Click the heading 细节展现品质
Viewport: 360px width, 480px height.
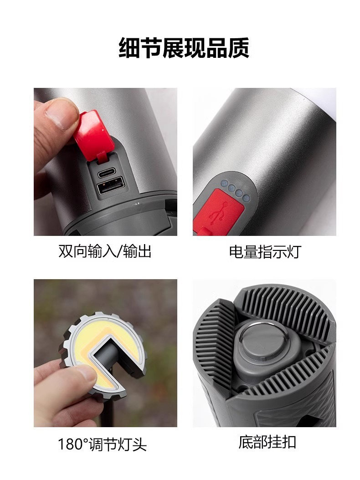click(x=184, y=48)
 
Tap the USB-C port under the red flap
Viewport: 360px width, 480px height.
click(x=108, y=174)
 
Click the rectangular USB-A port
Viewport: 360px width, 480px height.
click(x=111, y=186)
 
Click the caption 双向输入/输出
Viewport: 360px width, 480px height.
click(x=105, y=251)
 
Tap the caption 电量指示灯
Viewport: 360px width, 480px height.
click(x=265, y=252)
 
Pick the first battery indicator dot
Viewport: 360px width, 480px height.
click(x=224, y=184)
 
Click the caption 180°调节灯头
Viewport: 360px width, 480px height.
click(x=103, y=444)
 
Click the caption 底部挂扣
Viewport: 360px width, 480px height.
click(x=267, y=442)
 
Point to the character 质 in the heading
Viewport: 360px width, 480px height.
click(x=238, y=48)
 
